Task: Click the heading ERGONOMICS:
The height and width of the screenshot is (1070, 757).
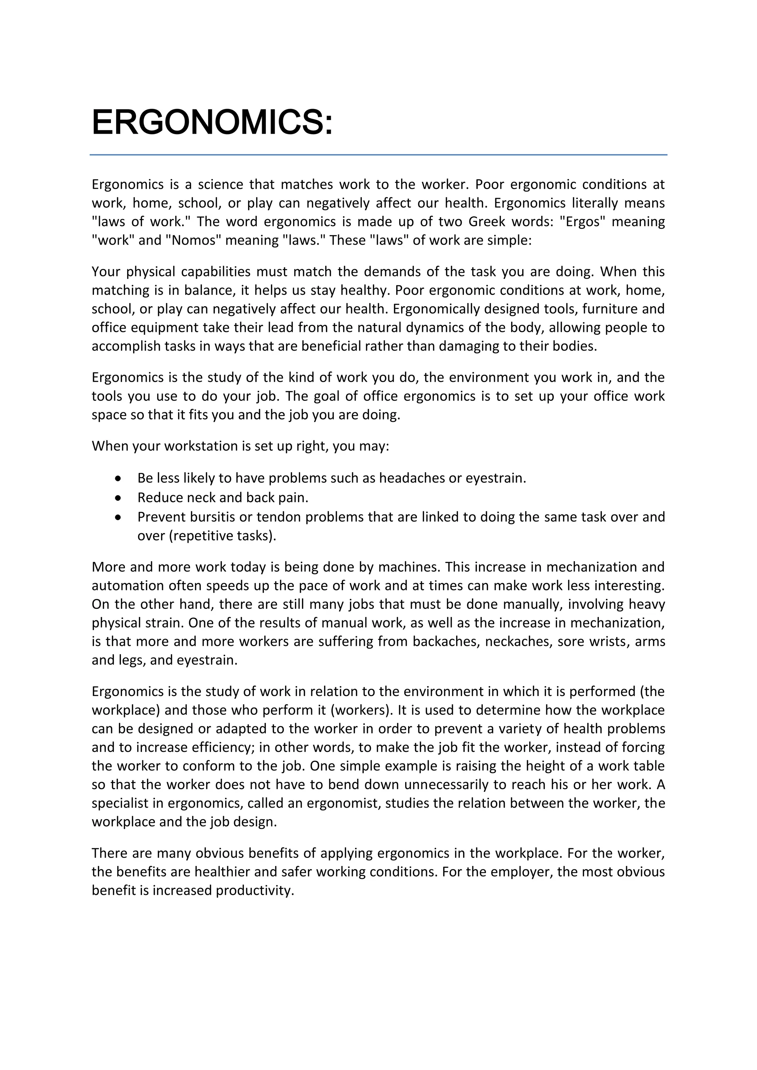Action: [x=212, y=122]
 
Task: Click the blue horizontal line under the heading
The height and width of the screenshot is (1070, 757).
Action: [x=378, y=155]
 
